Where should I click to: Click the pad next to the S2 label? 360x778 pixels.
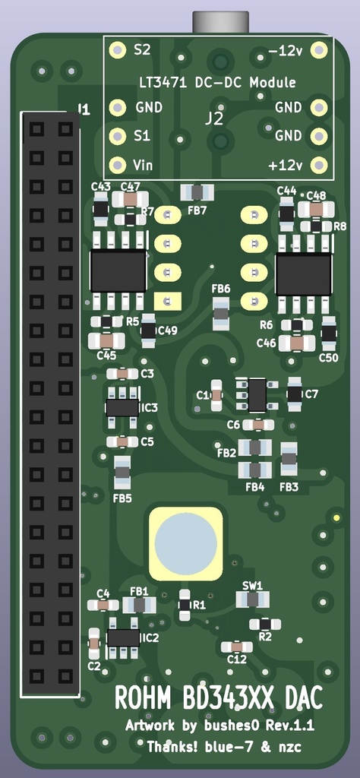(118, 50)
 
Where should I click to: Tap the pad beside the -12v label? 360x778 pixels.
(319, 50)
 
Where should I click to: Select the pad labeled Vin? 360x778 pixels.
(118, 165)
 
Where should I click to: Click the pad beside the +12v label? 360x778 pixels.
(319, 165)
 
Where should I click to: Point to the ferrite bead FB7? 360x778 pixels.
(197, 193)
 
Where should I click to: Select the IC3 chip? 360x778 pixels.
(122, 408)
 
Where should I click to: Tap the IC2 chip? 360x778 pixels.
(123, 637)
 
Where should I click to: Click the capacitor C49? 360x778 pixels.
(149, 330)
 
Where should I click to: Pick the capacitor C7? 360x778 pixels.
(295, 394)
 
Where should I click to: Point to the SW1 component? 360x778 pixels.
(252, 599)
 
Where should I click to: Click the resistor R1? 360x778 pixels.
(185, 605)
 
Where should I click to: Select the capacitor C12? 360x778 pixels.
(237, 647)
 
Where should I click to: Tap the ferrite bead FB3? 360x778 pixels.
(289, 458)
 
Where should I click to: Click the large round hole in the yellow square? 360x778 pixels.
(185, 542)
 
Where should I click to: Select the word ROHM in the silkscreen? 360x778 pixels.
(145, 697)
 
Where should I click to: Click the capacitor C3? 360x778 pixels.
(122, 373)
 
